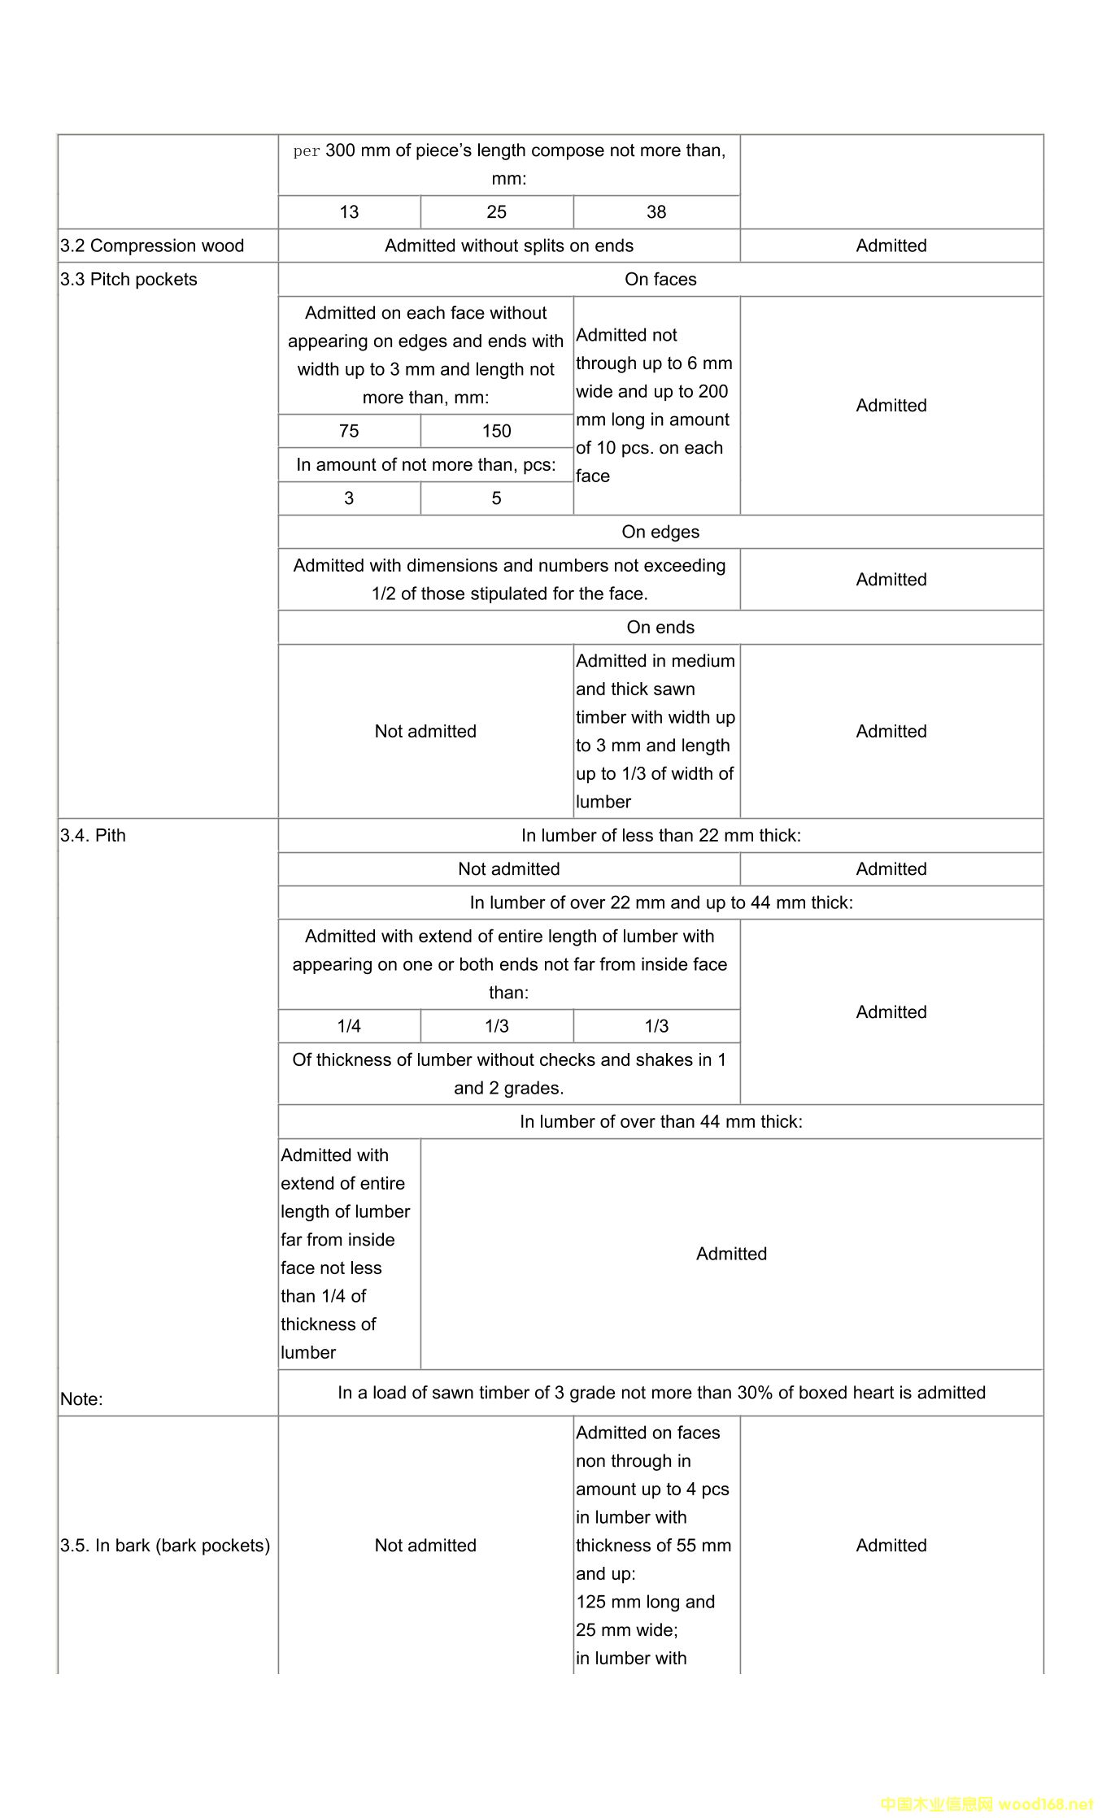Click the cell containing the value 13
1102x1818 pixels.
pyautogui.click(x=349, y=212)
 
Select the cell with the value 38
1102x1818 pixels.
pyautogui.click(x=656, y=212)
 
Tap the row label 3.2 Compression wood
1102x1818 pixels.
pyautogui.click(x=152, y=246)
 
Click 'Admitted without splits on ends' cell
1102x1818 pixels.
pyautogui.click(x=509, y=246)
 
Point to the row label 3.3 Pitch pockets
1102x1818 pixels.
pyautogui.click(x=128, y=280)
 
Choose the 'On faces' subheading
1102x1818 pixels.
pyautogui.click(x=660, y=280)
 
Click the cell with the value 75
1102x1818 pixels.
pyautogui.click(x=349, y=431)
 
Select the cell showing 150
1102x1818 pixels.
pyautogui.click(x=496, y=431)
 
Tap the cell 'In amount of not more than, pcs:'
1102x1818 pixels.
pyautogui.click(x=426, y=465)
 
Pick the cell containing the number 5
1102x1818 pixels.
pyautogui.click(x=496, y=498)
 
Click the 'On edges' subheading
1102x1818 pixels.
pyautogui.click(x=660, y=532)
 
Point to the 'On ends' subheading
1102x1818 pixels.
pyautogui.click(x=660, y=628)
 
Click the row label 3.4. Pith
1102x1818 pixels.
pyautogui.click(x=93, y=836)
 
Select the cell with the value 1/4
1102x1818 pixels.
pyautogui.click(x=349, y=1026)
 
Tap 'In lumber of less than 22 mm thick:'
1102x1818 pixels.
pyautogui.click(x=660, y=836)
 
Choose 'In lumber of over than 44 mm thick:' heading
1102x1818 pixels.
pyautogui.click(x=660, y=1122)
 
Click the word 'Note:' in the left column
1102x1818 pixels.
pyautogui.click(x=81, y=1399)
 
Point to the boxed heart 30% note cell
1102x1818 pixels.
pyautogui.click(x=660, y=1393)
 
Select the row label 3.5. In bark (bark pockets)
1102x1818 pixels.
pyautogui.click(x=165, y=1546)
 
